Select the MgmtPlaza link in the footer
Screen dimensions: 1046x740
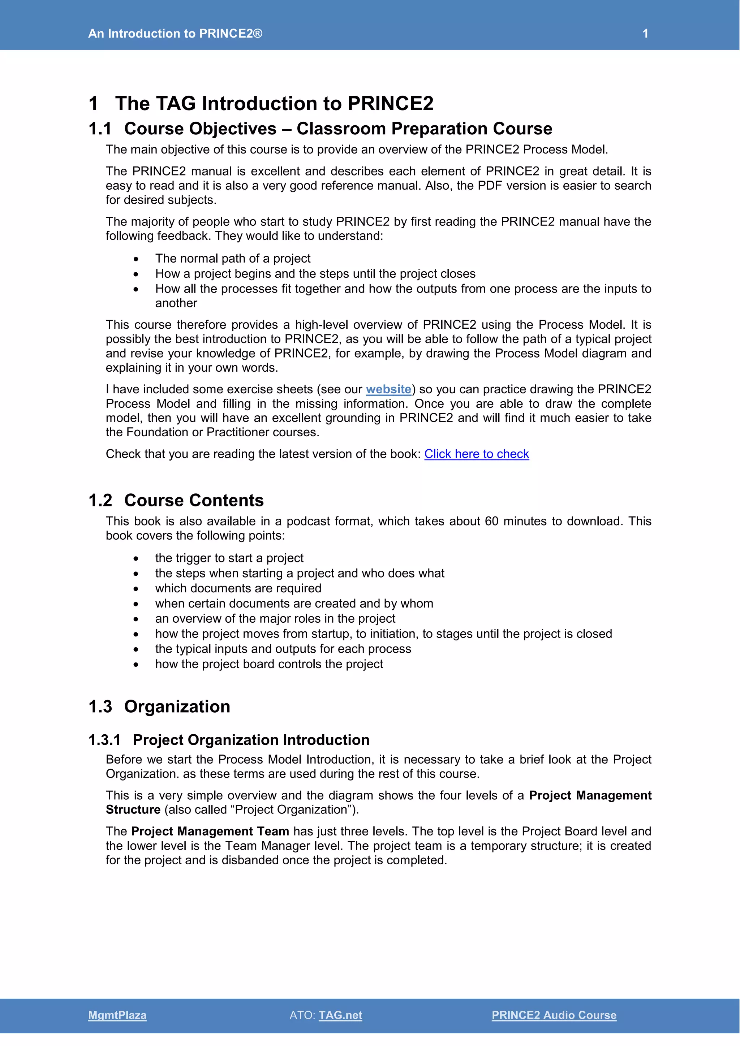click(117, 1015)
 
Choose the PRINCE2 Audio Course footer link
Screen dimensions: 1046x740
click(554, 1015)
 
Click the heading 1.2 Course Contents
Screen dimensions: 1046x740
click(176, 500)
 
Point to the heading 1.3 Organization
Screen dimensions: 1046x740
click(159, 706)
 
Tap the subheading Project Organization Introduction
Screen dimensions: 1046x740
click(251, 740)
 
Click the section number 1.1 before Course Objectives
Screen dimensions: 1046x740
click(100, 129)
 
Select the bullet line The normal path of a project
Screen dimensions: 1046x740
click(232, 258)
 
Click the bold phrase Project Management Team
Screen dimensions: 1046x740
click(210, 831)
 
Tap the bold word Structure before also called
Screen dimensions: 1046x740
click(133, 809)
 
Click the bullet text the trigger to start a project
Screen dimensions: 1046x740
click(229, 558)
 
